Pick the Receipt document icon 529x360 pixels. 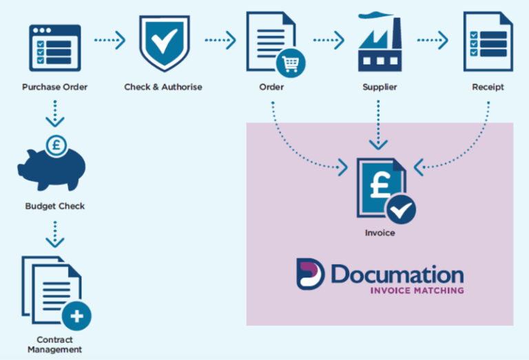point(488,43)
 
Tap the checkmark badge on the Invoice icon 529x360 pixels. point(400,208)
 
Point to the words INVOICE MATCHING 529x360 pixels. point(417,290)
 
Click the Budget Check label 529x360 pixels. point(54,206)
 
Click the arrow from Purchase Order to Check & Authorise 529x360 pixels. point(110,41)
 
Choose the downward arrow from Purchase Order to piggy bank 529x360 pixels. point(54,112)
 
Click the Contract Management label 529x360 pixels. point(54,345)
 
